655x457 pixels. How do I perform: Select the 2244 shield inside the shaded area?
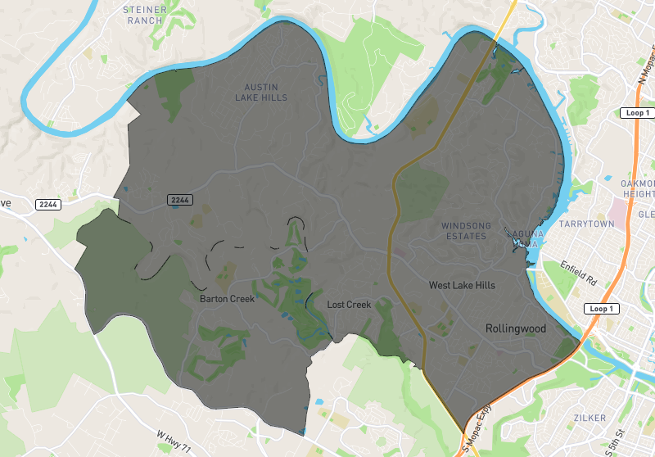pyautogui.click(x=179, y=200)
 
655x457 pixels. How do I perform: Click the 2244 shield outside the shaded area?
pyautogui.click(x=47, y=203)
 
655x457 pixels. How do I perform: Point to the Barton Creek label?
pyautogui.click(x=227, y=299)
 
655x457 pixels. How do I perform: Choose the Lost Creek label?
pyautogui.click(x=349, y=305)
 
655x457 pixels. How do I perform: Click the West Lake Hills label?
pyautogui.click(x=462, y=285)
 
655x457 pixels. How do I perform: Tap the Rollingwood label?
pyautogui.click(x=515, y=328)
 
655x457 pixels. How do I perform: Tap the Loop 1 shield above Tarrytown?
pyautogui.click(x=635, y=112)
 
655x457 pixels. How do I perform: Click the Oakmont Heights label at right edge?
pyautogui.click(x=638, y=188)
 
